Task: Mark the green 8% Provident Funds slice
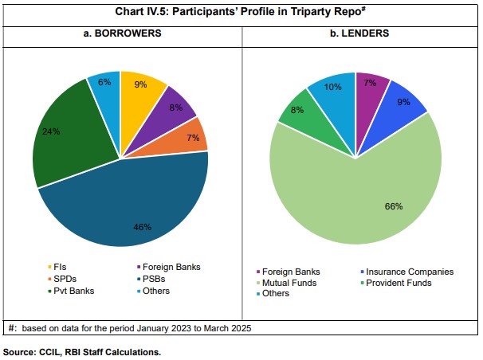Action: click(296, 111)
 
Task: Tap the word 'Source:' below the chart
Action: click(20, 350)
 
